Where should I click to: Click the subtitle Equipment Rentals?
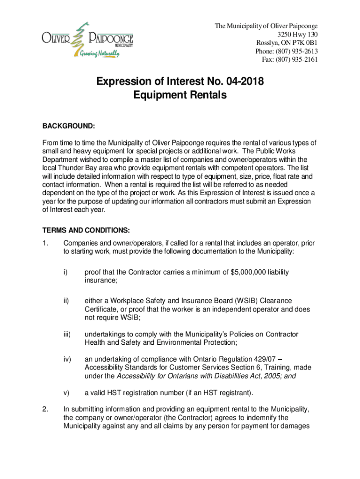coord(180,95)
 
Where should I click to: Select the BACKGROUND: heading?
coord(69,126)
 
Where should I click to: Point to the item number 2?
coord(45,409)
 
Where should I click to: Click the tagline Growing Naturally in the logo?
coord(99,54)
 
